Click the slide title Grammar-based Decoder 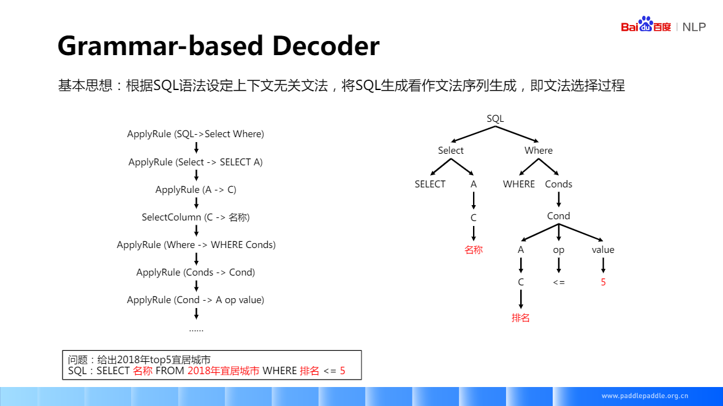pos(218,46)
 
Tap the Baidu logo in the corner pos(646,25)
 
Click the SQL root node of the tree pos(495,119)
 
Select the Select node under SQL pos(451,151)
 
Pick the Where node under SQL pos(539,151)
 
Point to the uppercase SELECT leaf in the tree pos(430,184)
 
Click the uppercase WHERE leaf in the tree pos(519,184)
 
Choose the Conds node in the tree pos(559,184)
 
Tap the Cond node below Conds pos(559,216)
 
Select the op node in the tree pos(559,250)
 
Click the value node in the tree pos(603,250)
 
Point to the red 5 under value pos(603,282)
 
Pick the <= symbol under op pos(559,282)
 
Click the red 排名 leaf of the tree pos(521,318)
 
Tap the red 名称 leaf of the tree pos(474,250)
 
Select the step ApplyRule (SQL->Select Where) pos(195,134)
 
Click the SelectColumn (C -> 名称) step pos(195,217)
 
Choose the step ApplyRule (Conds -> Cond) pos(195,273)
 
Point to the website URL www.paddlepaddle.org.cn pos(645,396)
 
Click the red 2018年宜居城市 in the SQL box pos(224,371)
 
